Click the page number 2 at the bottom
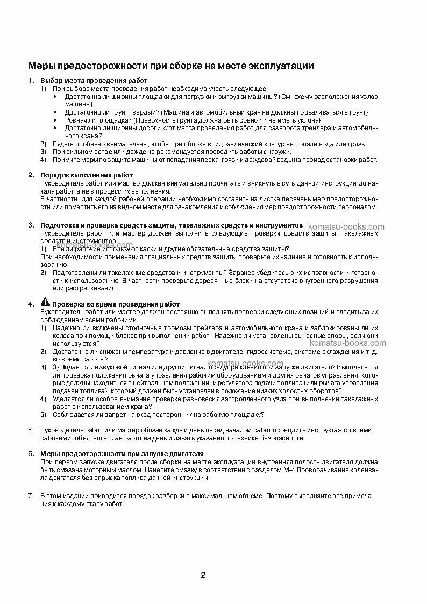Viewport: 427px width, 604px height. point(203,575)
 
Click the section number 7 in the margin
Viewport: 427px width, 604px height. point(30,495)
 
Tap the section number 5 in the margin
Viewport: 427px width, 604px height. point(30,430)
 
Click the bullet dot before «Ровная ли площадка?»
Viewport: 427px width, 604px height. point(58,120)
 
